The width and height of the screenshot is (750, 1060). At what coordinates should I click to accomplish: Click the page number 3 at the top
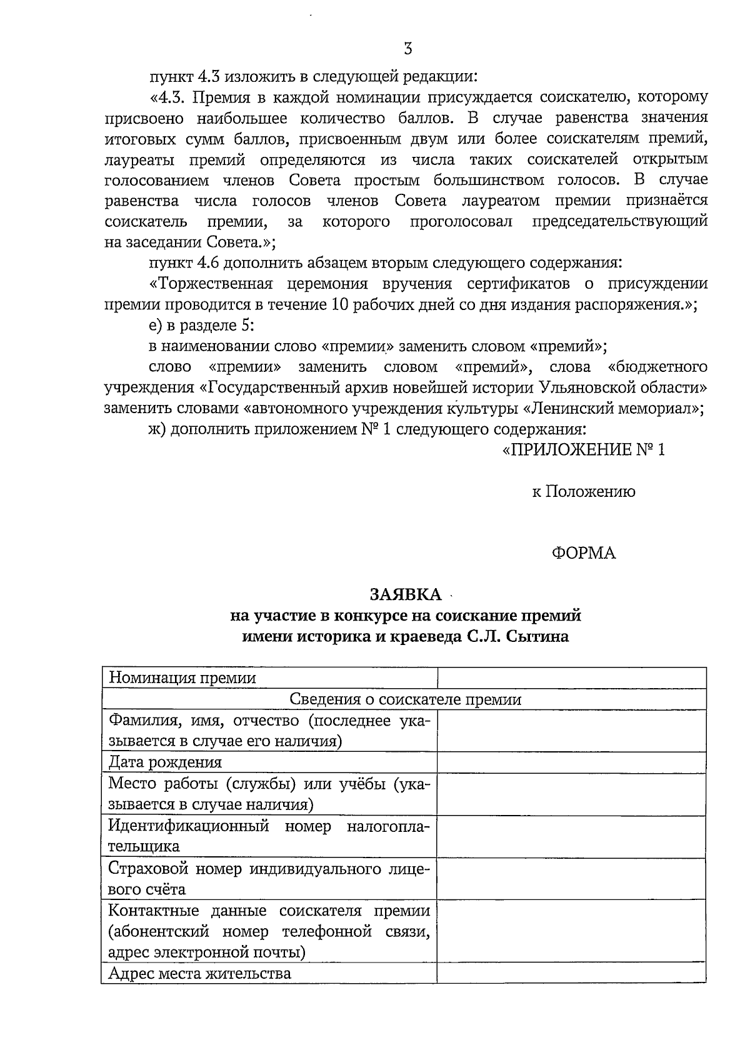point(407,48)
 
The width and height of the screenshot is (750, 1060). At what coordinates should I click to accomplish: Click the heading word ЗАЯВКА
point(405,594)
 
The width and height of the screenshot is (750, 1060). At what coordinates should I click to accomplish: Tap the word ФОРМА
point(584,553)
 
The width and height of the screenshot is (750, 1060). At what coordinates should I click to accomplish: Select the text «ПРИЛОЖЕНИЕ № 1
point(584,450)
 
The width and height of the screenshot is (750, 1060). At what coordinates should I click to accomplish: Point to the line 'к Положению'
point(583,492)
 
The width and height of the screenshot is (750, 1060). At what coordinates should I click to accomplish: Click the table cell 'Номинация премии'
point(182,678)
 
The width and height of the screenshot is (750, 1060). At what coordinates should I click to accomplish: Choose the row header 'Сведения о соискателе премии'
point(405,699)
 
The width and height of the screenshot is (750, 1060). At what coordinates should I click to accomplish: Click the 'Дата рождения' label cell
point(166,762)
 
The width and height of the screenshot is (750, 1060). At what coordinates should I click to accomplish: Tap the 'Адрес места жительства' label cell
point(200,973)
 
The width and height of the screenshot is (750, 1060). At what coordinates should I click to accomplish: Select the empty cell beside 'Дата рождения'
point(571,762)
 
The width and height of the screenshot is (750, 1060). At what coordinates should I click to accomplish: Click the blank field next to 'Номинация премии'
point(571,678)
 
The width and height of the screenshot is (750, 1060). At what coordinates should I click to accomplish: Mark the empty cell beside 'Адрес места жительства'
point(571,973)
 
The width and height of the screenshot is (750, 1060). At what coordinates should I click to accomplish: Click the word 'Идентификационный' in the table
point(189,826)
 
